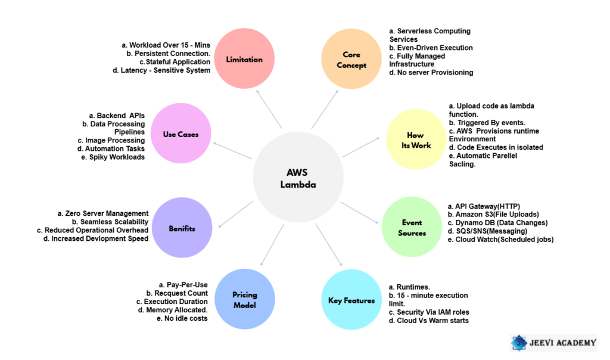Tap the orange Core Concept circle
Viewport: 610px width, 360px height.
[351, 60]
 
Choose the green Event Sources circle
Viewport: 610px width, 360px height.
[412, 227]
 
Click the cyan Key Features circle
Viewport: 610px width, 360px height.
[351, 300]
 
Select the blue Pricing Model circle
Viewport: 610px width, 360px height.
[244, 300]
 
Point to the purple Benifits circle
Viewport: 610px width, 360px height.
[182, 228]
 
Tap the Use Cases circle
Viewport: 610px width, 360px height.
[180, 134]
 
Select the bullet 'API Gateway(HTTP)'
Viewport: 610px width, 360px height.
[485, 206]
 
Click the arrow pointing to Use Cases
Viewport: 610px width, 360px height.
[232, 151]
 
